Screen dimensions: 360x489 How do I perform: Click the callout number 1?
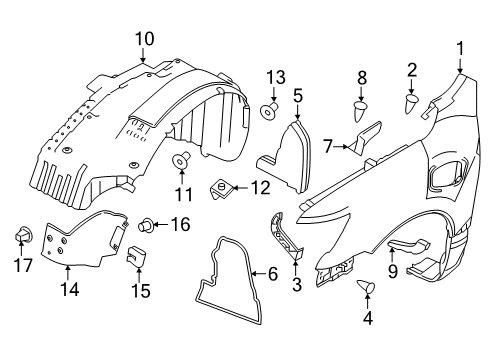[461, 47]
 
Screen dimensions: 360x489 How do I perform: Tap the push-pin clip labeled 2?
[411, 102]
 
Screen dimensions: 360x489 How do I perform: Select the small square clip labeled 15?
[133, 259]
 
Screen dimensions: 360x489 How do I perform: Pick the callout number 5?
[298, 95]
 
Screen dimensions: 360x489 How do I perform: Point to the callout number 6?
[273, 271]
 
